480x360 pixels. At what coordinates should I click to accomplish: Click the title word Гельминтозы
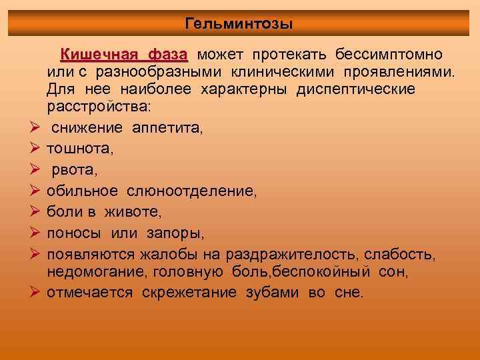239,25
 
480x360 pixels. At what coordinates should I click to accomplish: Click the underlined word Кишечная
99,53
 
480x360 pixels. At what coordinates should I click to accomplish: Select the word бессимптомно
387,53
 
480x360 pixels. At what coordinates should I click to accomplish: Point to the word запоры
181,233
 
